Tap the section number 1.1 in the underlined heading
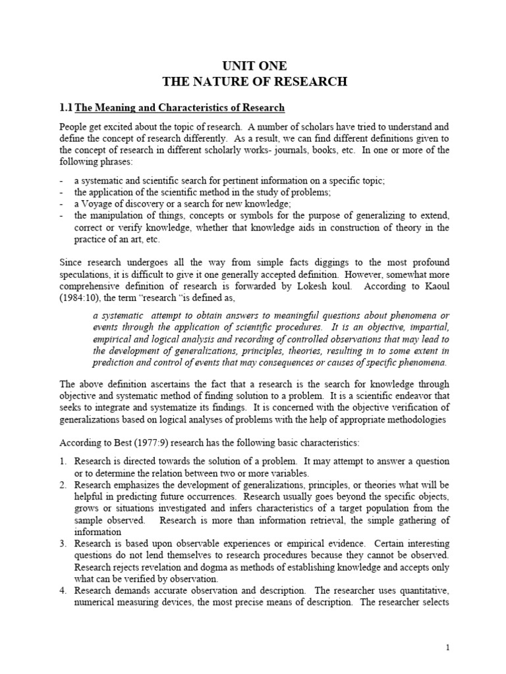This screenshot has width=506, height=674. pos(66,107)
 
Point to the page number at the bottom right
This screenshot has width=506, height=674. pos(447,648)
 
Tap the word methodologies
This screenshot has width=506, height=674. pos(412,419)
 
